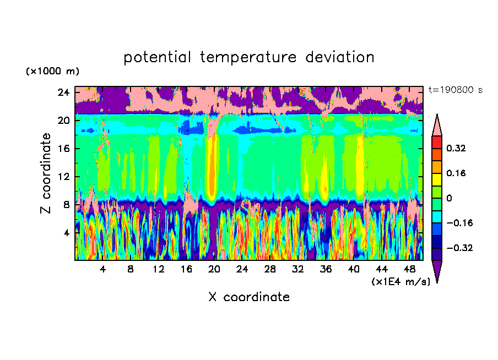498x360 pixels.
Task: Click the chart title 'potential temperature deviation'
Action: (249, 57)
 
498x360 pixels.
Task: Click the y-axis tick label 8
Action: (66, 204)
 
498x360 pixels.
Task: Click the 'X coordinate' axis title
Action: (249, 297)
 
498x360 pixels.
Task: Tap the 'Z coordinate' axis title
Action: (46, 173)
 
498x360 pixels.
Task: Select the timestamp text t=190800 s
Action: (455, 90)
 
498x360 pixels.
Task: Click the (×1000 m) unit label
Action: (52, 72)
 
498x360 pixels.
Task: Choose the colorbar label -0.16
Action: (458, 223)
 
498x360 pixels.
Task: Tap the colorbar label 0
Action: (449, 198)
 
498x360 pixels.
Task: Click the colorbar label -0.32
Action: (458, 248)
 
